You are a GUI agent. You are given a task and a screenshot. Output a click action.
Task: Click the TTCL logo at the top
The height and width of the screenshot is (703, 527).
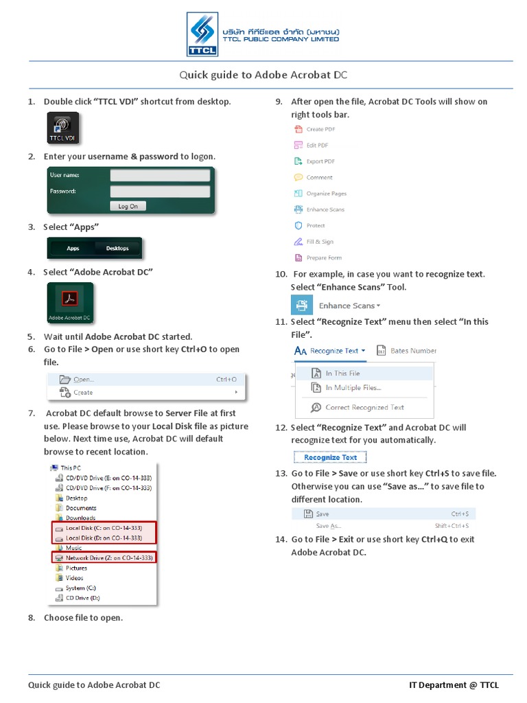click(x=202, y=34)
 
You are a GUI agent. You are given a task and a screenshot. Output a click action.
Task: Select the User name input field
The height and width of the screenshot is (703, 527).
click(x=159, y=176)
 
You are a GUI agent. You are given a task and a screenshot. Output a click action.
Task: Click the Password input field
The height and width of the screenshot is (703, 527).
click(x=159, y=192)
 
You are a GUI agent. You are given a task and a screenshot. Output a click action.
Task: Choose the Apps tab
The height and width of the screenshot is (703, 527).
click(x=73, y=249)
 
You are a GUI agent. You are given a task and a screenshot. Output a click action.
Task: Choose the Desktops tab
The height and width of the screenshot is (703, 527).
click(x=117, y=249)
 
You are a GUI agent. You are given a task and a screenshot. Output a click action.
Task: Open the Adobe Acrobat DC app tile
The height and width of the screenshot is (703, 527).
click(x=69, y=303)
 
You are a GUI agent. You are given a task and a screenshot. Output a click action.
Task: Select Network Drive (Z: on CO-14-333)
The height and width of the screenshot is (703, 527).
click(x=108, y=558)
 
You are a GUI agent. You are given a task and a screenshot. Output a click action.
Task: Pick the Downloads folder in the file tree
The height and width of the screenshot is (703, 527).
click(x=80, y=518)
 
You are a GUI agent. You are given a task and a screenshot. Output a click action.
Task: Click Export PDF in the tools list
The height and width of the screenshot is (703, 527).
click(x=320, y=161)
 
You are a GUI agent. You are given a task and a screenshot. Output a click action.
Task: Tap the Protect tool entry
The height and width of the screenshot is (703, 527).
click(x=315, y=226)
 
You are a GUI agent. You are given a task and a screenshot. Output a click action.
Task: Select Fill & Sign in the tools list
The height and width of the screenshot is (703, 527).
click(x=319, y=242)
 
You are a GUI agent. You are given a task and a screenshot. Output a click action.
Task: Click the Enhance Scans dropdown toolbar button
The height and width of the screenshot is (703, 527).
click(x=349, y=306)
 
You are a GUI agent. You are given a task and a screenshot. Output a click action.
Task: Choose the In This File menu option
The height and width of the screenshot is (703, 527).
click(x=342, y=373)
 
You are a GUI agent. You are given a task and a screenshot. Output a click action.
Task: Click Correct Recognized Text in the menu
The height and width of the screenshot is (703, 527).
click(x=364, y=407)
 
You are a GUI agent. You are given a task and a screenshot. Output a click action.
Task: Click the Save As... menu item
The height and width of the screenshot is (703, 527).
click(x=328, y=526)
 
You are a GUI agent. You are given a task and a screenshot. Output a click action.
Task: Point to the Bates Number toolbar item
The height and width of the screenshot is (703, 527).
click(x=412, y=351)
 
